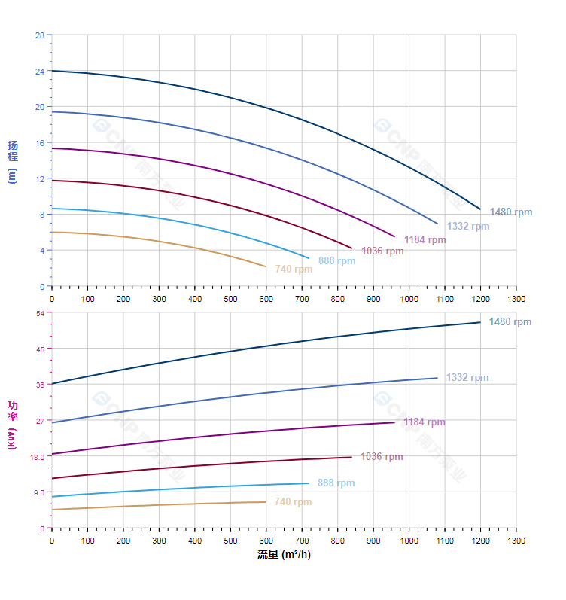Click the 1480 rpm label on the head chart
coord(511,212)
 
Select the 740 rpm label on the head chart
coord(294,270)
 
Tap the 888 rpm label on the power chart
coord(336,483)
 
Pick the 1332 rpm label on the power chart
coord(467,378)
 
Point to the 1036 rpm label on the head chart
coord(382,251)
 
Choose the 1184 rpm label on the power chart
coord(424,422)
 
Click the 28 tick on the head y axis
coord(40,35)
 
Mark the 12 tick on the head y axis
coord(40,178)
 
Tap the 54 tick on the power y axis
coord(40,313)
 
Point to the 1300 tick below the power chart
coord(516,541)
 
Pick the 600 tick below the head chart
coord(266,299)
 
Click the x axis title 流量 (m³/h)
coord(283,555)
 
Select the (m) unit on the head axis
coord(11,176)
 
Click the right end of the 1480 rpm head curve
coord(480,209)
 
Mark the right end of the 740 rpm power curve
coord(266,502)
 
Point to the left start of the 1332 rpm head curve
coord(52,111)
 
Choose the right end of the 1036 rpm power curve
coord(351,457)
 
